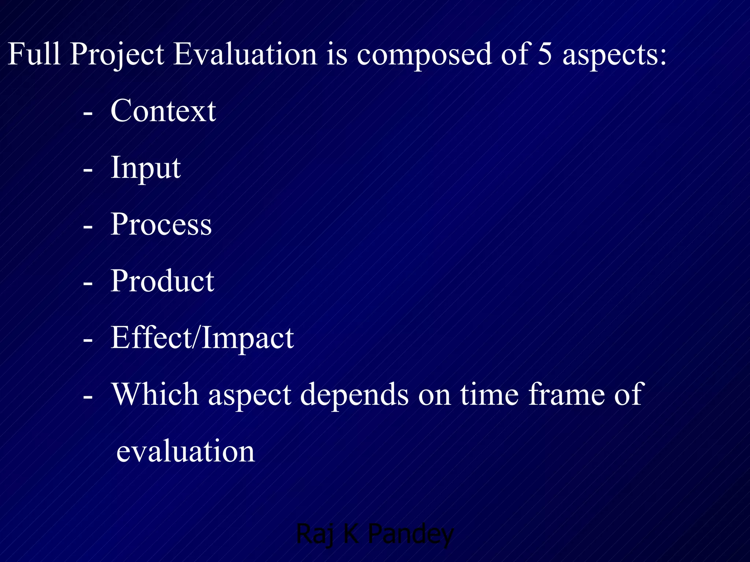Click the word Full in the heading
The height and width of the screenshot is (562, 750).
34,54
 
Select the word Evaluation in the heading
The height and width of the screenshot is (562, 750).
245,54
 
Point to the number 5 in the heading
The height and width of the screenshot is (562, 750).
545,54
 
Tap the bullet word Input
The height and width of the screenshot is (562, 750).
146,168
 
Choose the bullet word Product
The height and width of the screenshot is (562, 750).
162,281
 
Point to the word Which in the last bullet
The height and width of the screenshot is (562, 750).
155,394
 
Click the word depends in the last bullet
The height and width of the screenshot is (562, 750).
354,395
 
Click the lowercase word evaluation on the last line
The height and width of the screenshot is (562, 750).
185,451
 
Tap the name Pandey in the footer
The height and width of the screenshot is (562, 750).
411,535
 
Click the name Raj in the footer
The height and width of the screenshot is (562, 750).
315,535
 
